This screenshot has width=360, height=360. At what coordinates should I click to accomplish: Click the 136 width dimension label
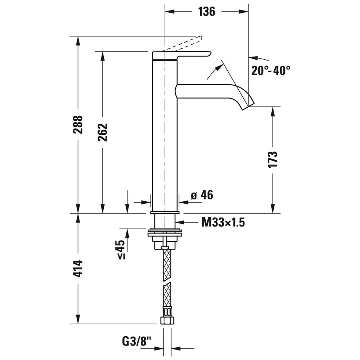pyautogui.click(x=206, y=12)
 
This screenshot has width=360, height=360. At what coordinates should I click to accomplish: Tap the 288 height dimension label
pyautogui.click(x=78, y=124)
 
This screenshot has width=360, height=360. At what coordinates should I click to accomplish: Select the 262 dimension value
pyautogui.click(x=103, y=132)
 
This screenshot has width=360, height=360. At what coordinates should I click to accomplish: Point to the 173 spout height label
pyautogui.click(x=273, y=159)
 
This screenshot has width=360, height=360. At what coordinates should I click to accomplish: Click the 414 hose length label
pyautogui.click(x=78, y=268)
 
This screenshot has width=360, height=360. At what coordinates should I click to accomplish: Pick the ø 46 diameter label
pyautogui.click(x=202, y=195)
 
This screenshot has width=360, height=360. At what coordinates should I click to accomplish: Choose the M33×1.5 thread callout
pyautogui.click(x=223, y=222)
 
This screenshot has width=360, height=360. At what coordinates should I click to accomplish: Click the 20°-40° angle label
pyautogui.click(x=270, y=71)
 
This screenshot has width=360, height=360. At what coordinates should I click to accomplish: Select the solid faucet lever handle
pyautogui.click(x=182, y=55)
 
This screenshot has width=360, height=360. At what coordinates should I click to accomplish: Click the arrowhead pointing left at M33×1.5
pyautogui.click(x=180, y=222)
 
